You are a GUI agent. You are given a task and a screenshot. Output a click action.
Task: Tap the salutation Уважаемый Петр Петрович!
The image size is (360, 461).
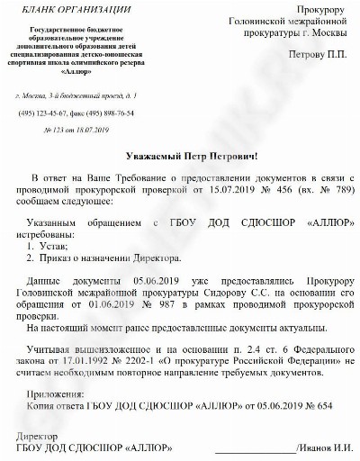(x=180, y=156)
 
